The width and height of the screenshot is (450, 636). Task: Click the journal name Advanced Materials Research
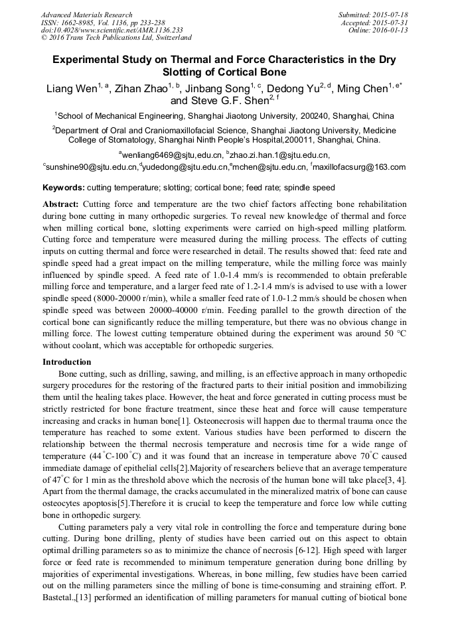86,15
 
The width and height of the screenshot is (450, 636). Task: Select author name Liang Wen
69,89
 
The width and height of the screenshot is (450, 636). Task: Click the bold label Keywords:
63,188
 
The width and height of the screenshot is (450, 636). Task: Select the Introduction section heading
67,362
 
